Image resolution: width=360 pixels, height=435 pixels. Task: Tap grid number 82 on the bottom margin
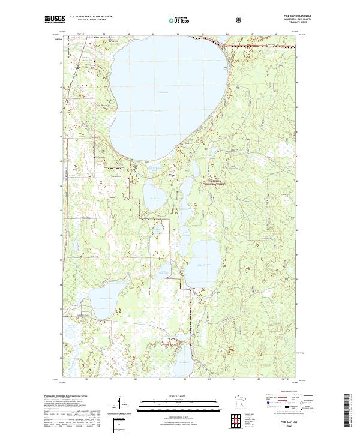click(185, 379)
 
